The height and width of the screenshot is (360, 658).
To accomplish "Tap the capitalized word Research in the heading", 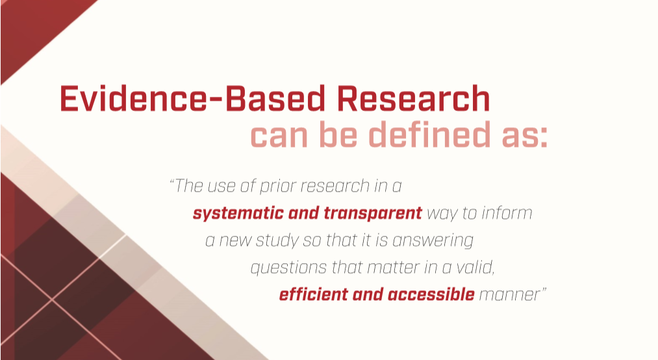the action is pos(413,99).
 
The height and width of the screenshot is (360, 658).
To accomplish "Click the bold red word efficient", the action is pos(314,294).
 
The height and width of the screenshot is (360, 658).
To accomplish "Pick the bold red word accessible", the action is pos(431,294).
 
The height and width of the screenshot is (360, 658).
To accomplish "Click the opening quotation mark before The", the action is pos(172,181).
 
